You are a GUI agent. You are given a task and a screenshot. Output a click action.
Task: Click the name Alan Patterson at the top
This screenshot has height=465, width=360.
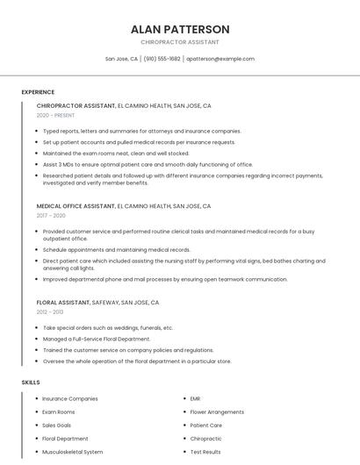tap(179, 29)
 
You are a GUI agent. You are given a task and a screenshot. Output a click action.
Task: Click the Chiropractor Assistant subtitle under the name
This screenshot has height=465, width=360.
tap(179, 42)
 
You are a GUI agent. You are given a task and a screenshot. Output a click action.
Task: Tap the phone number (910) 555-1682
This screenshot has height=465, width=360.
tap(162, 59)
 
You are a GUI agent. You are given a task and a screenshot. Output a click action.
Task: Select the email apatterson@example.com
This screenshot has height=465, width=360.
tap(220, 59)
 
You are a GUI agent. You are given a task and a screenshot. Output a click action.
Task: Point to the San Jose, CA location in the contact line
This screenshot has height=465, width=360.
tap(121, 59)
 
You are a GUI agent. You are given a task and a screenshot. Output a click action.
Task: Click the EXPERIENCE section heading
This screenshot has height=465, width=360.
tap(38, 91)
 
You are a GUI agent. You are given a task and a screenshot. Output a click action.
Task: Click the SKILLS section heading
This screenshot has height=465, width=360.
tap(31, 383)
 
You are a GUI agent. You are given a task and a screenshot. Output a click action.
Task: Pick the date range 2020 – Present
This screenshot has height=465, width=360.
tap(56, 115)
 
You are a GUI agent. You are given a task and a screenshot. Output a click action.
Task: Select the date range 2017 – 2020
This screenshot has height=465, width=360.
tap(51, 215)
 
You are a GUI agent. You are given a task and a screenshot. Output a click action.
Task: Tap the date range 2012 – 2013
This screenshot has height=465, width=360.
tap(50, 311)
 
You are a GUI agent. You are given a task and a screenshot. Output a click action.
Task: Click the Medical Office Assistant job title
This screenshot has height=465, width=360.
tap(76, 206)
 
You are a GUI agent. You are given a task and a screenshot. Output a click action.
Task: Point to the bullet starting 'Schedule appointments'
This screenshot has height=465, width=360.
tap(117, 249)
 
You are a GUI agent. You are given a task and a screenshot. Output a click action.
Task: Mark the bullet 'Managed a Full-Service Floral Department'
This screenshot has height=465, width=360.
tap(97, 339)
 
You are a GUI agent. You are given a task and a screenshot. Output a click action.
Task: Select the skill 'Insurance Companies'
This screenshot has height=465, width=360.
tap(70, 398)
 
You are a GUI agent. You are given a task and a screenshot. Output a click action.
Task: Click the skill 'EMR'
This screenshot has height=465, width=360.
tap(195, 398)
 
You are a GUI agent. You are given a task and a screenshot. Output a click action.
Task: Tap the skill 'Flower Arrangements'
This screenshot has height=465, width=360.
tap(217, 411)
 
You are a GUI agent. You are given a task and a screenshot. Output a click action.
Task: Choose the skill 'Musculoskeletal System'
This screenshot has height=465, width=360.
tap(73, 452)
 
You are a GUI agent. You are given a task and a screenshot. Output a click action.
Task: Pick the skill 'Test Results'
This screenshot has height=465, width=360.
tap(205, 452)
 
